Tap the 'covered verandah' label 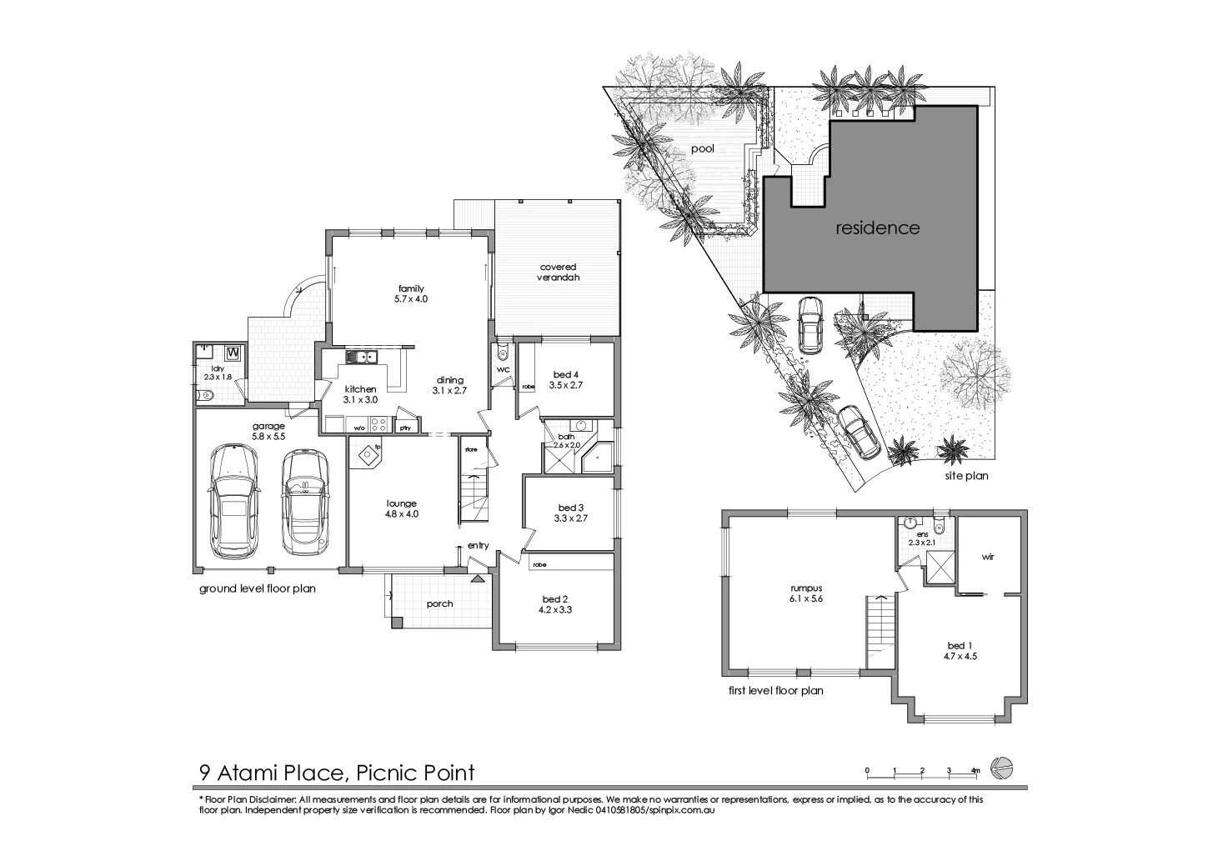[x=558, y=273]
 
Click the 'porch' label [x=439, y=603]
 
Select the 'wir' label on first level [x=988, y=556]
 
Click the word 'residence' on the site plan [x=877, y=228]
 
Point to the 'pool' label [x=702, y=149]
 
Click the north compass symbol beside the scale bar [x=1001, y=766]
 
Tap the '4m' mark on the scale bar [x=975, y=769]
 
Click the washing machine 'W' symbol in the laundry [x=233, y=353]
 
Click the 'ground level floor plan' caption [x=257, y=588]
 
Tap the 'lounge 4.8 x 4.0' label [x=401, y=508]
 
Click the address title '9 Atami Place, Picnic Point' [x=336, y=773]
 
